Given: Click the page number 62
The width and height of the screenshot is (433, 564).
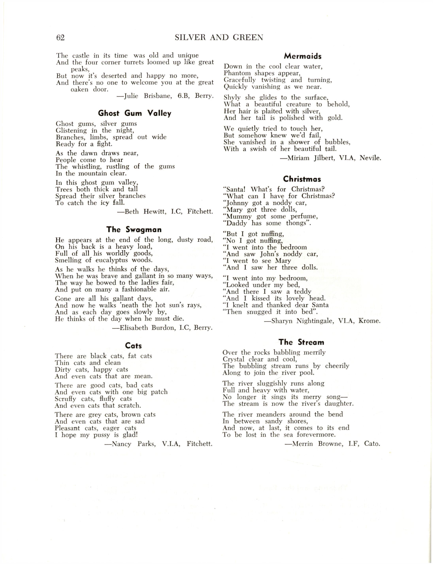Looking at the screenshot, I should [x=60, y=38].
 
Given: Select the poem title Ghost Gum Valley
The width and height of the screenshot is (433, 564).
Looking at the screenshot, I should [x=135, y=113].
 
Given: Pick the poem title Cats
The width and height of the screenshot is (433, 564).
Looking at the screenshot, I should [x=134, y=346].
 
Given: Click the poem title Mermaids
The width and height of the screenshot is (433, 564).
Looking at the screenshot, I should [x=303, y=56].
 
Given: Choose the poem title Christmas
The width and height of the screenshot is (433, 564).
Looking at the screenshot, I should [x=302, y=179].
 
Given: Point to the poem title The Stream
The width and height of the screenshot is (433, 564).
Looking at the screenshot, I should [x=301, y=342].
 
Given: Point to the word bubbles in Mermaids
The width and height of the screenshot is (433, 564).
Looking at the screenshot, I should [x=337, y=142].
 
